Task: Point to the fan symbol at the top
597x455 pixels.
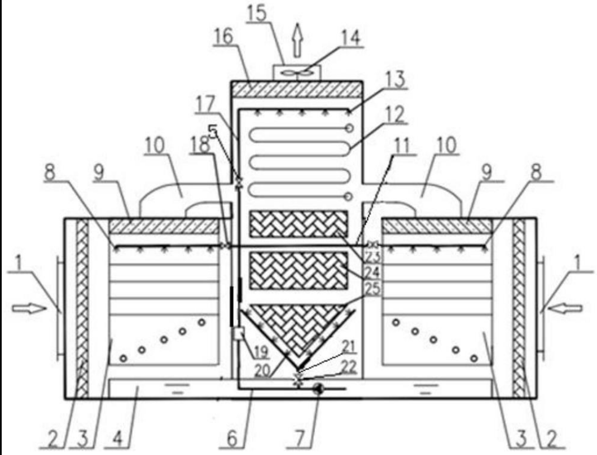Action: coord(297,72)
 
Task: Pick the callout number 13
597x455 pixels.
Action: coord(394,81)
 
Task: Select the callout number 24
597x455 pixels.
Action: coord(372,273)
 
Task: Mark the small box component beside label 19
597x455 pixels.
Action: coord(237,334)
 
